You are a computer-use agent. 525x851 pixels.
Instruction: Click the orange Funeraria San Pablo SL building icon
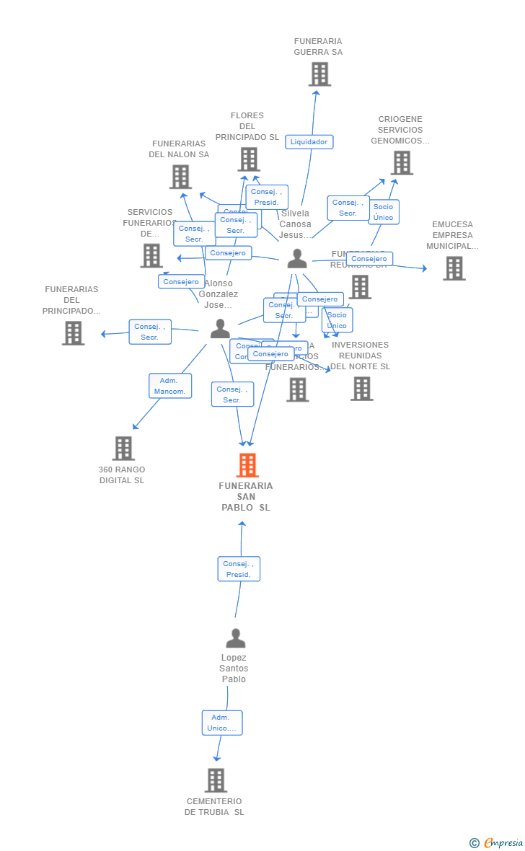(x=247, y=465)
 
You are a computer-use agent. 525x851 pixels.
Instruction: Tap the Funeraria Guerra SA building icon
(x=319, y=74)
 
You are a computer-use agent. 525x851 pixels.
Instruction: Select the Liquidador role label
(x=309, y=142)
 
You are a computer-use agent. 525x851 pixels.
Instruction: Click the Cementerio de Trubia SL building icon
(x=216, y=780)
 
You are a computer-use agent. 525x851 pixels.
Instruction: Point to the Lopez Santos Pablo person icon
(x=235, y=638)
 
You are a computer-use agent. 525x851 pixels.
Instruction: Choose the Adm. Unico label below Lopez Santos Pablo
(x=221, y=723)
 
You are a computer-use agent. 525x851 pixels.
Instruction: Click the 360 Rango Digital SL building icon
(x=123, y=448)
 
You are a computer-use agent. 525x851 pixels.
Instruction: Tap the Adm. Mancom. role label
(x=170, y=386)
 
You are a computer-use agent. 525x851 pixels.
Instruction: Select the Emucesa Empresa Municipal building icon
(x=454, y=268)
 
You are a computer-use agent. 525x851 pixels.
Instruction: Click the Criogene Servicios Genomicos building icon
(x=402, y=162)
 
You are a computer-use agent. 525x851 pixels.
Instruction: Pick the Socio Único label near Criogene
(x=383, y=212)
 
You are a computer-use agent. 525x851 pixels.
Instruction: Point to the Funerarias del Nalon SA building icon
(x=180, y=176)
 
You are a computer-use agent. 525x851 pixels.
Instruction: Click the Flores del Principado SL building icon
(x=249, y=159)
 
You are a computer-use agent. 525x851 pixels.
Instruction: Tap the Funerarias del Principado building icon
(x=73, y=332)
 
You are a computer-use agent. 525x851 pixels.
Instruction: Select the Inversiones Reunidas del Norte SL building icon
(x=361, y=388)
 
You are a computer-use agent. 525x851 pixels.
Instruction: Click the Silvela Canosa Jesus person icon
(x=297, y=259)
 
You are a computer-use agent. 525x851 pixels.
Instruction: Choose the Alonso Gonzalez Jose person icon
(x=220, y=329)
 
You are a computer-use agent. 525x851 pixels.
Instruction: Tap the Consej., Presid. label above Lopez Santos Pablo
(x=239, y=569)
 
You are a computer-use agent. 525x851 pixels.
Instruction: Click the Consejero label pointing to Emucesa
(x=369, y=259)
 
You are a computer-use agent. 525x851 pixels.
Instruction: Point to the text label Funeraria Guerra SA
(x=318, y=47)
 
